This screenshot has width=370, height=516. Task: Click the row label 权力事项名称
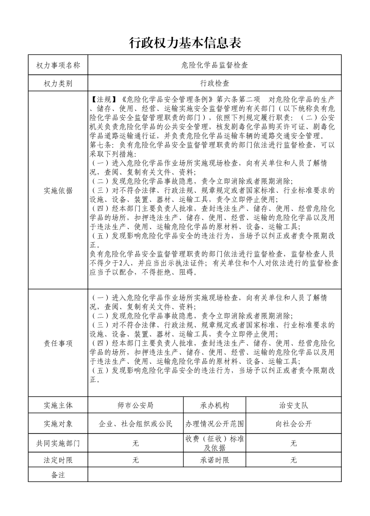tap(58, 65)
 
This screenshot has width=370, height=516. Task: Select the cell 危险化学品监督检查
tap(214, 65)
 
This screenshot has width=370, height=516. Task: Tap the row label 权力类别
tap(58, 83)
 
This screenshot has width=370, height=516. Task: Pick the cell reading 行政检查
tap(214, 83)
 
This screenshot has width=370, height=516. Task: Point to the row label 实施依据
tap(58, 190)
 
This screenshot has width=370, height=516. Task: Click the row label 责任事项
tap(58, 343)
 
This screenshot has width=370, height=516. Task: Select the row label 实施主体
tap(58, 405)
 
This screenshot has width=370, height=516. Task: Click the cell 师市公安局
tap(136, 405)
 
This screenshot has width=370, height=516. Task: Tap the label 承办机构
tap(215, 405)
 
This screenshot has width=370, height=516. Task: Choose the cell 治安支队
tap(294, 405)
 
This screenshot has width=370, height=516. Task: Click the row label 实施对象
tap(58, 424)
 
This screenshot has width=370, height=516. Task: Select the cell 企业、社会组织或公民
tap(136, 424)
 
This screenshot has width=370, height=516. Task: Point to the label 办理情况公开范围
tap(215, 424)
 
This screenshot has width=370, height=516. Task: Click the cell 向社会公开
tap(294, 424)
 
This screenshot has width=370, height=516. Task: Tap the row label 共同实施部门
tap(58, 443)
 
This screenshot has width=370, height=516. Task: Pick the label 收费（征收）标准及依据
tap(215, 443)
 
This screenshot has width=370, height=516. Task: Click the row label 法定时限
tap(58, 460)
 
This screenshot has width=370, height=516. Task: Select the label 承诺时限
tap(215, 460)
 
